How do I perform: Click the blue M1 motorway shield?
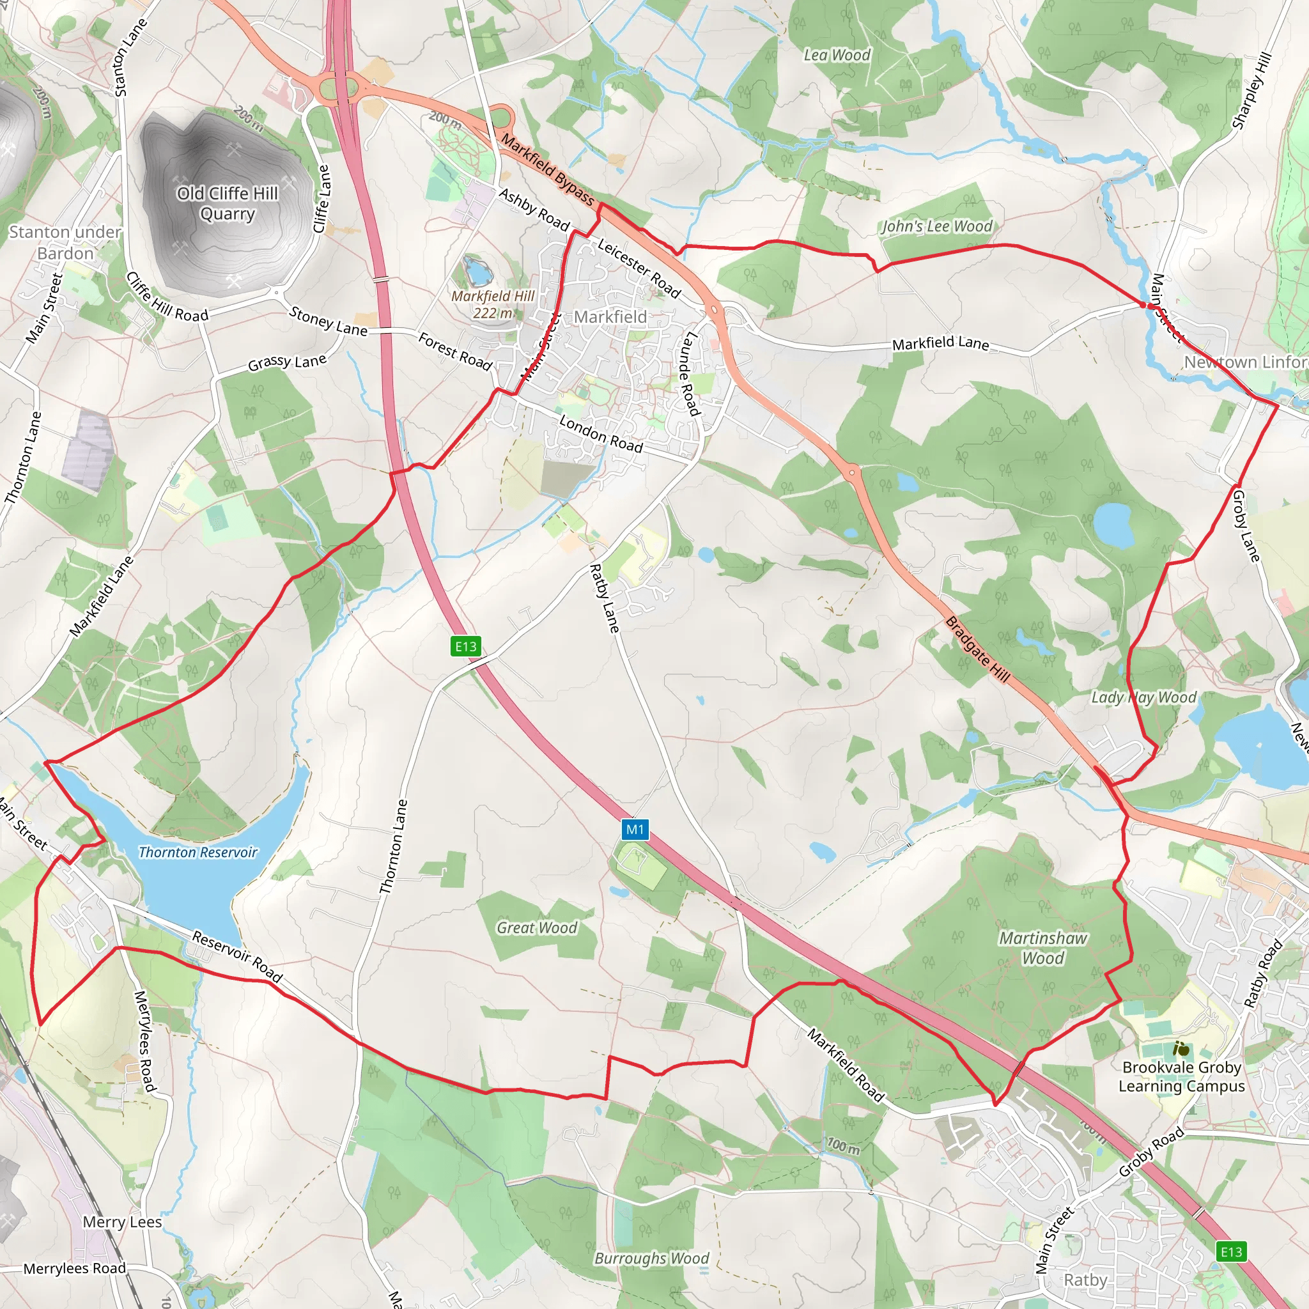(635, 829)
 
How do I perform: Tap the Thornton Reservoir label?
(198, 853)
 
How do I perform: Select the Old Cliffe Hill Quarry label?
(228, 203)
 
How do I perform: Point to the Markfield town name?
(610, 316)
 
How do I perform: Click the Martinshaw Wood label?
(1042, 948)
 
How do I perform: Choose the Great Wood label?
(537, 927)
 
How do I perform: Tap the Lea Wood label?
(837, 55)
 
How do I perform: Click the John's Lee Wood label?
(936, 226)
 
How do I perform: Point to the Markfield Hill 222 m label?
(493, 304)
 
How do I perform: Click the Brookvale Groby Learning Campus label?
(1182, 1076)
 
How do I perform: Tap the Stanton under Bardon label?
(65, 242)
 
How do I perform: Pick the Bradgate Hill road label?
(977, 649)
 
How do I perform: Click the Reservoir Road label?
(237, 956)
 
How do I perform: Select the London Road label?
(600, 433)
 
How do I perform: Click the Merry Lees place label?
(122, 1221)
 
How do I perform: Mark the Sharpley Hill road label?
(1251, 90)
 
